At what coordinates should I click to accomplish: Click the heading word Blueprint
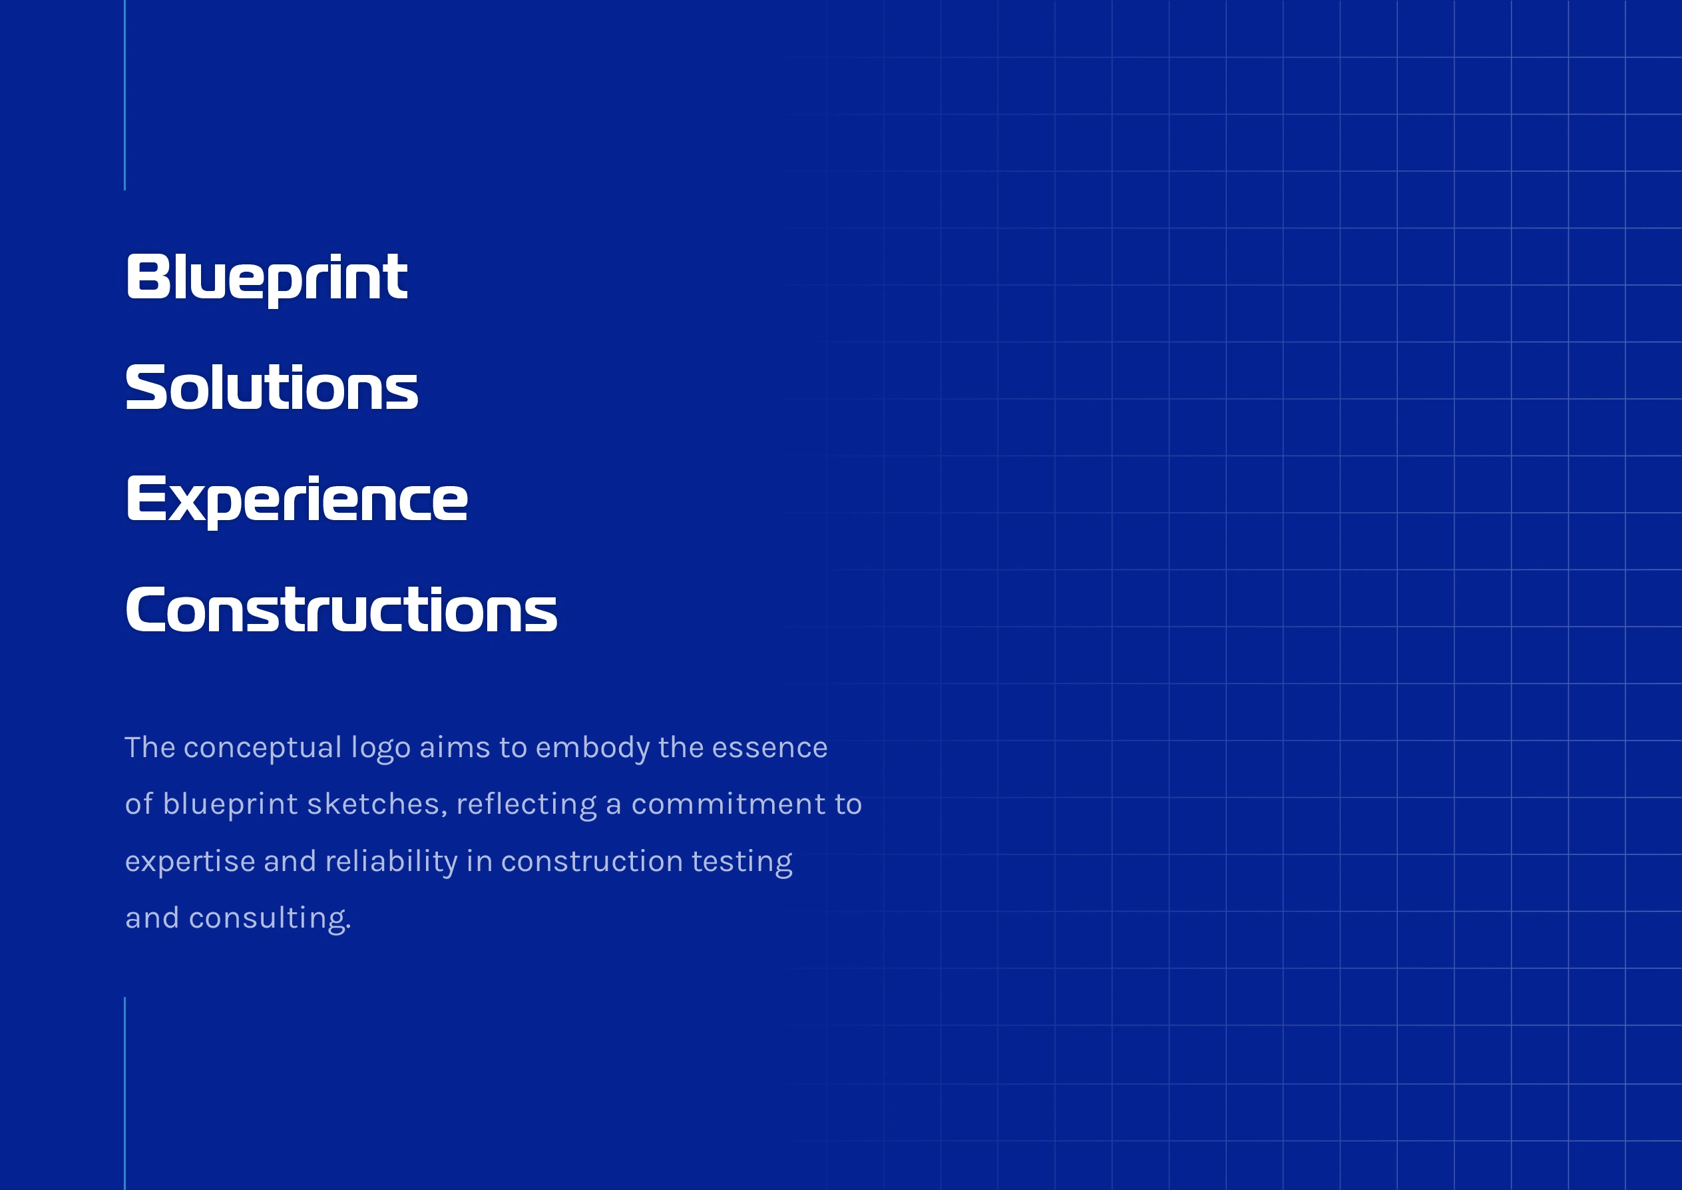click(267, 278)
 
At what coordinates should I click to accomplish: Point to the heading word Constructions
click(341, 610)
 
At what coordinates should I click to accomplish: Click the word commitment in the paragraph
click(728, 804)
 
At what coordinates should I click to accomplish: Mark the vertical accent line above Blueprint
click(125, 95)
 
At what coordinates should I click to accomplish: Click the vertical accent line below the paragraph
click(125, 1093)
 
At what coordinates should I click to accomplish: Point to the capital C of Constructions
click(144, 610)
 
